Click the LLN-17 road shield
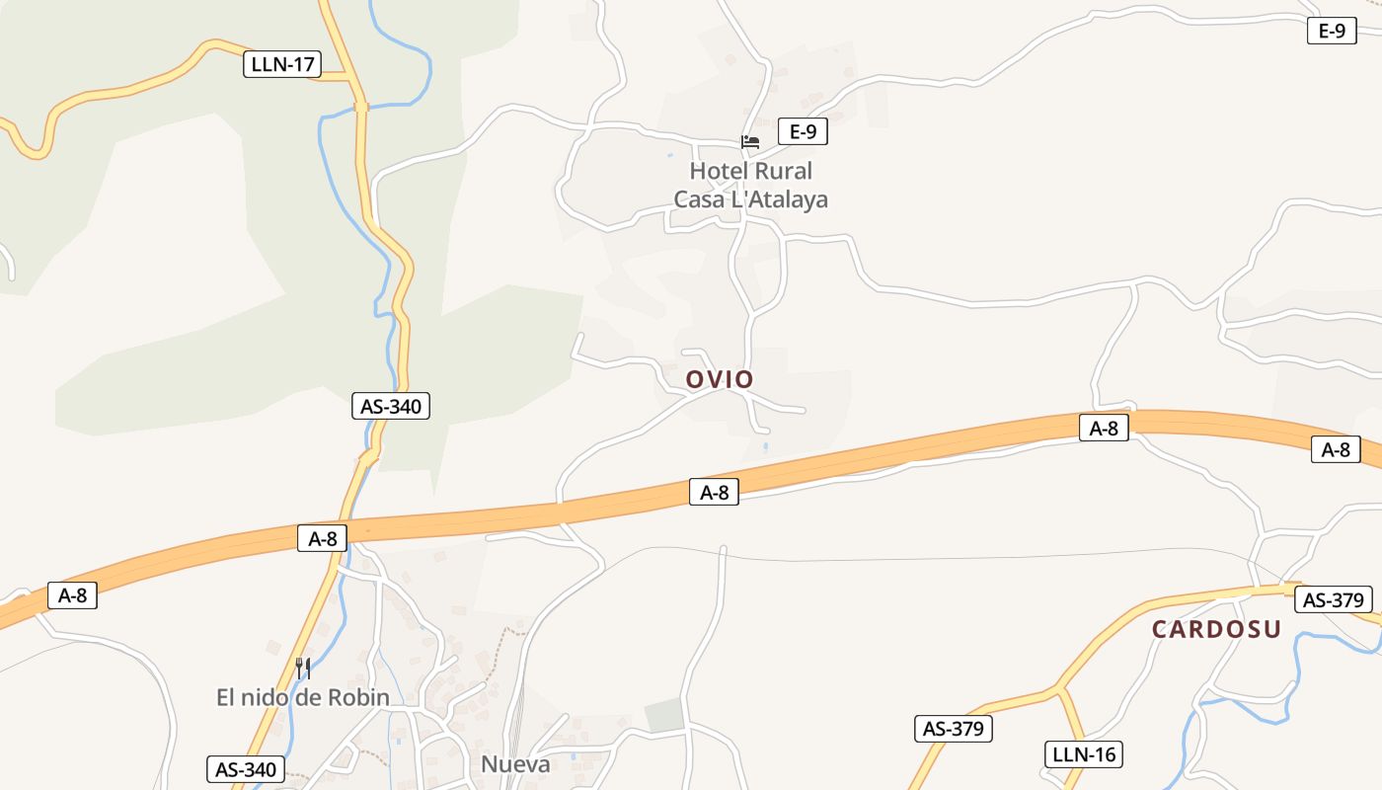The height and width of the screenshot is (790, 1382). point(282,65)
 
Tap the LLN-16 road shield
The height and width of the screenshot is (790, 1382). point(1083,754)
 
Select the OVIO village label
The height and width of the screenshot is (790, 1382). point(720,379)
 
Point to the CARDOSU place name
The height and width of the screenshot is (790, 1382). point(1216,629)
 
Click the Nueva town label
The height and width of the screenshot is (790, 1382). point(515,764)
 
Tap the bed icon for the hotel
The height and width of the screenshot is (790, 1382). point(750,142)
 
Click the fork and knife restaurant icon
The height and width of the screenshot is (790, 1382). point(303,669)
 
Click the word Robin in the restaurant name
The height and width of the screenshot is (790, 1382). point(361,698)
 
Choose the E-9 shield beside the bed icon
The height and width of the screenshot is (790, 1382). point(803,131)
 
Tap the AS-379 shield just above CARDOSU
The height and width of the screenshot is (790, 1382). point(1333,599)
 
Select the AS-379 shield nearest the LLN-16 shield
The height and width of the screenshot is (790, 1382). point(953,729)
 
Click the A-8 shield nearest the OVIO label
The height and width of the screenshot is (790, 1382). point(714,492)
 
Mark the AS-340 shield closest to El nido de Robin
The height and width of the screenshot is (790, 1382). point(246,769)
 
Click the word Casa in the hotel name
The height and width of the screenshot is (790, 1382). point(698,199)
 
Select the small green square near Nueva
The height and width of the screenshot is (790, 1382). point(664,715)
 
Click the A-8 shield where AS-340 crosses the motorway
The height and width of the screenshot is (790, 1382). point(323,538)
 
